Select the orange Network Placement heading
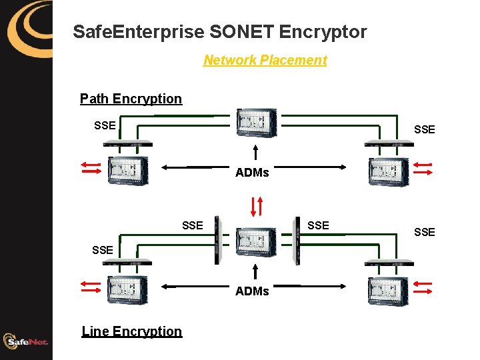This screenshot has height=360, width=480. pos(265,60)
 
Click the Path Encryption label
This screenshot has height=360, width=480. pos(131,99)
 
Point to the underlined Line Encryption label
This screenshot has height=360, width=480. pos(131,331)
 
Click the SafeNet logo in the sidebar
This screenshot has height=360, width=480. pos(26,341)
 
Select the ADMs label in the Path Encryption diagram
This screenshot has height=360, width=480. pos(252,173)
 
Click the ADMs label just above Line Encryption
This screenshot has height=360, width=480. pos(252,291)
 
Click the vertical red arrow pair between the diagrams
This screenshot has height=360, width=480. pos(256,205)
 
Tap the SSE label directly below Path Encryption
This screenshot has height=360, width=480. pos(105,125)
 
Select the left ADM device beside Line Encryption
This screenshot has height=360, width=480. pos(127,287)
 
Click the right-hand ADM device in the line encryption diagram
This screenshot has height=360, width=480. pos(389,287)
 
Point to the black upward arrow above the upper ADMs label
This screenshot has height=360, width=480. pos(256,152)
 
